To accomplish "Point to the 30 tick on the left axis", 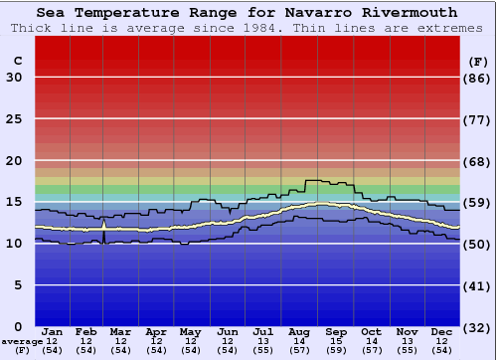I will (14, 78).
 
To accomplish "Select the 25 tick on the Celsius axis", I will (14, 119).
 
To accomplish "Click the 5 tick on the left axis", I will (17, 285).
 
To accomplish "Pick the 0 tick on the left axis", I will (17, 326).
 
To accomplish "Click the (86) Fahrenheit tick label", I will (478, 78).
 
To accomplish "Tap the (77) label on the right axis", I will (478, 119).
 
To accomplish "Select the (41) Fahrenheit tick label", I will (478, 285).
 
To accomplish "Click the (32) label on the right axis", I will (478, 326).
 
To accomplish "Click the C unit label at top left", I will (17, 61).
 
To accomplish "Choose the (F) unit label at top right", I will (478, 61).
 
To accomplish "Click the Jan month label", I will (53, 331).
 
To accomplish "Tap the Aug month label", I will (299, 331).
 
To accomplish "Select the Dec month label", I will (441, 331).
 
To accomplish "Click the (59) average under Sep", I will (335, 350).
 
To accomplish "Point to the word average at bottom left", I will (22, 341).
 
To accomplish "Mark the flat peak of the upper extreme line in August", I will (316, 180).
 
